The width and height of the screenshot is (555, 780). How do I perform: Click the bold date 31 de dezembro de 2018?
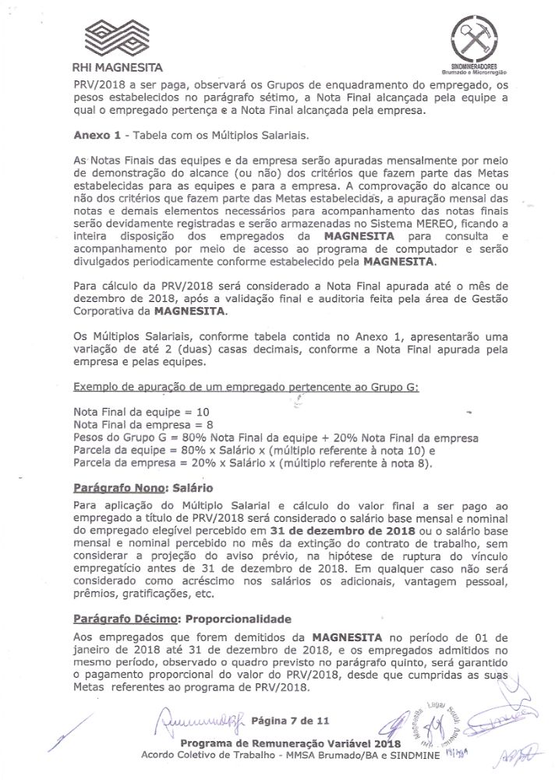click(x=348, y=531)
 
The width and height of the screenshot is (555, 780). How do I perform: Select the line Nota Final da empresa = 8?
click(x=144, y=424)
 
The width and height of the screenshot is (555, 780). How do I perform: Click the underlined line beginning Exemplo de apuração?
click(x=246, y=388)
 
